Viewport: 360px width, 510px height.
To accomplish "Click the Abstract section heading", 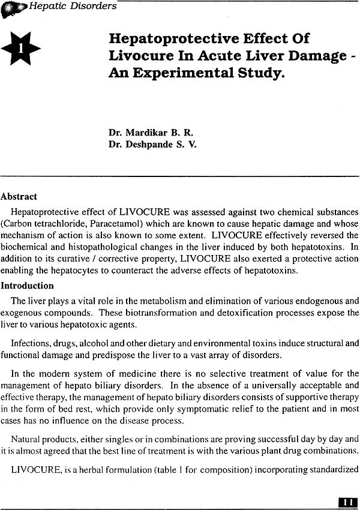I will pos(19,196).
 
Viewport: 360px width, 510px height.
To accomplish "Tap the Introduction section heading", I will pos(27,286).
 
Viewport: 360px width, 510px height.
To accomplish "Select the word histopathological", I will pos(129,246).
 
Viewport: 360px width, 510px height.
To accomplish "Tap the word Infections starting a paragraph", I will pos(32,343).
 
